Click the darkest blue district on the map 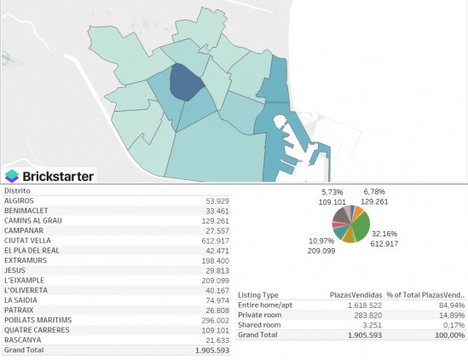coord(186,83)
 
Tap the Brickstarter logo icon coord(12,176)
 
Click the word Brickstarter coord(58,177)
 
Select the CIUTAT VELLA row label coord(27,241)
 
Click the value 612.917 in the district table coord(215,241)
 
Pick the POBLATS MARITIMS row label coord(38,320)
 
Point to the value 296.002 coord(215,320)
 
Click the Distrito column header coord(17,190)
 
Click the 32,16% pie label coord(384,234)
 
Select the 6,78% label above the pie coord(374,191)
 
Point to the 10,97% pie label coord(321,241)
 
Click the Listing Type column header coord(258,295)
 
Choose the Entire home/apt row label coord(265,305)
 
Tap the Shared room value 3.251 coord(373,325)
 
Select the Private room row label coord(259,315)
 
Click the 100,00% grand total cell coord(450,335)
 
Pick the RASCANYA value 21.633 coord(217,340)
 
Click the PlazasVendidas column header coord(355,295)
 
